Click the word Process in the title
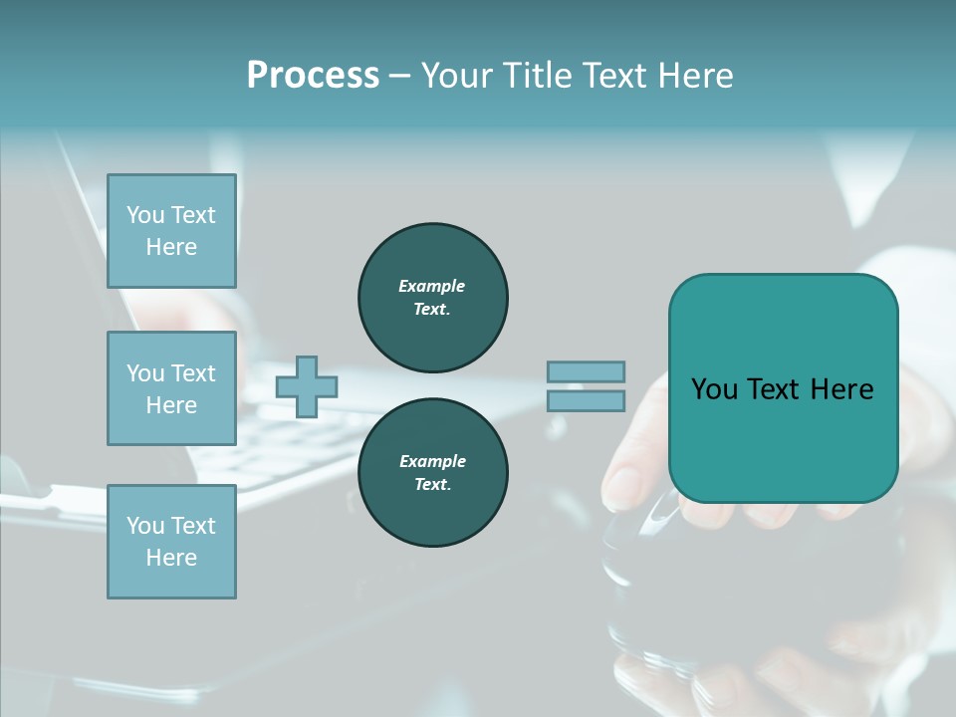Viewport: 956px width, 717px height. click(x=313, y=76)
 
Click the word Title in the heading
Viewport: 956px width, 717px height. click(x=535, y=76)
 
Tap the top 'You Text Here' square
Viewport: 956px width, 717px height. click(x=171, y=231)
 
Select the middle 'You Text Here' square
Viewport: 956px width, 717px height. click(x=171, y=388)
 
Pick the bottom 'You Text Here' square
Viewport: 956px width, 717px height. click(x=171, y=542)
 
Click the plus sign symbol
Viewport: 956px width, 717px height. click(x=307, y=387)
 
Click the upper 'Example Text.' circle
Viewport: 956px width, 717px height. click(x=432, y=298)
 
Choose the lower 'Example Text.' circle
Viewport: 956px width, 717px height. click(x=432, y=473)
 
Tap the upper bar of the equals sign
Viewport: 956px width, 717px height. click(x=586, y=371)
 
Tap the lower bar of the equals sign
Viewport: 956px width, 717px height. click(x=586, y=401)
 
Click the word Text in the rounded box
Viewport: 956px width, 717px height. click(x=774, y=389)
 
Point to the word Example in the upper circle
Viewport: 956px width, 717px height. click(x=432, y=286)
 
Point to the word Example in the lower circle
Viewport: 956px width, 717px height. click(x=432, y=461)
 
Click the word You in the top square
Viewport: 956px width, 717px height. click(x=145, y=215)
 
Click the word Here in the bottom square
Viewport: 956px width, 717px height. click(x=171, y=558)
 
